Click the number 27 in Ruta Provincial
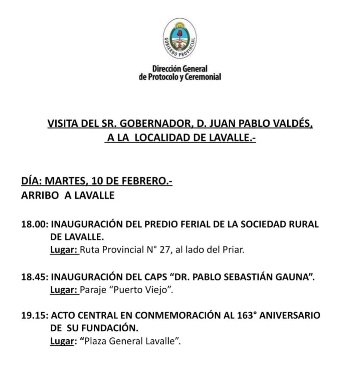coord(164,250)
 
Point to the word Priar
coord(234,250)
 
